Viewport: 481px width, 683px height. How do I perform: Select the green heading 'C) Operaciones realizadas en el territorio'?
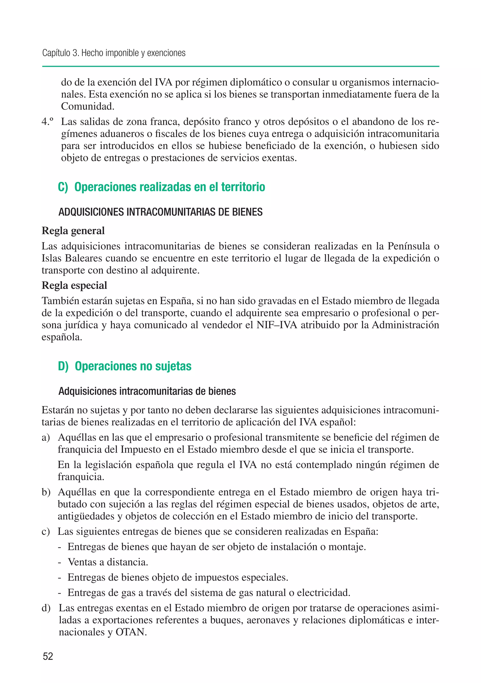pos(161,187)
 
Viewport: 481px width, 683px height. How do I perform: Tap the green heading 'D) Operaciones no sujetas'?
pos(124,366)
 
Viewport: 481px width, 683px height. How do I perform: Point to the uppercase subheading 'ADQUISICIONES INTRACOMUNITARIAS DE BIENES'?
pos(161,212)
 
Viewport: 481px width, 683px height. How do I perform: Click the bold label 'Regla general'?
pos(73,231)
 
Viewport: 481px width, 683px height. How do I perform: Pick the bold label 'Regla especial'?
pos(74,286)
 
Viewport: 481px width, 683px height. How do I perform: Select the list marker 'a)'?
pos(46,438)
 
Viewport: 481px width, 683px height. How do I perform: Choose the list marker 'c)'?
pos(46,532)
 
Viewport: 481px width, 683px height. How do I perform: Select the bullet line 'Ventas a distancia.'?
pos(108,562)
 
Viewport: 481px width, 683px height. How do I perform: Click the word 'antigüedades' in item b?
pos(86,516)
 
